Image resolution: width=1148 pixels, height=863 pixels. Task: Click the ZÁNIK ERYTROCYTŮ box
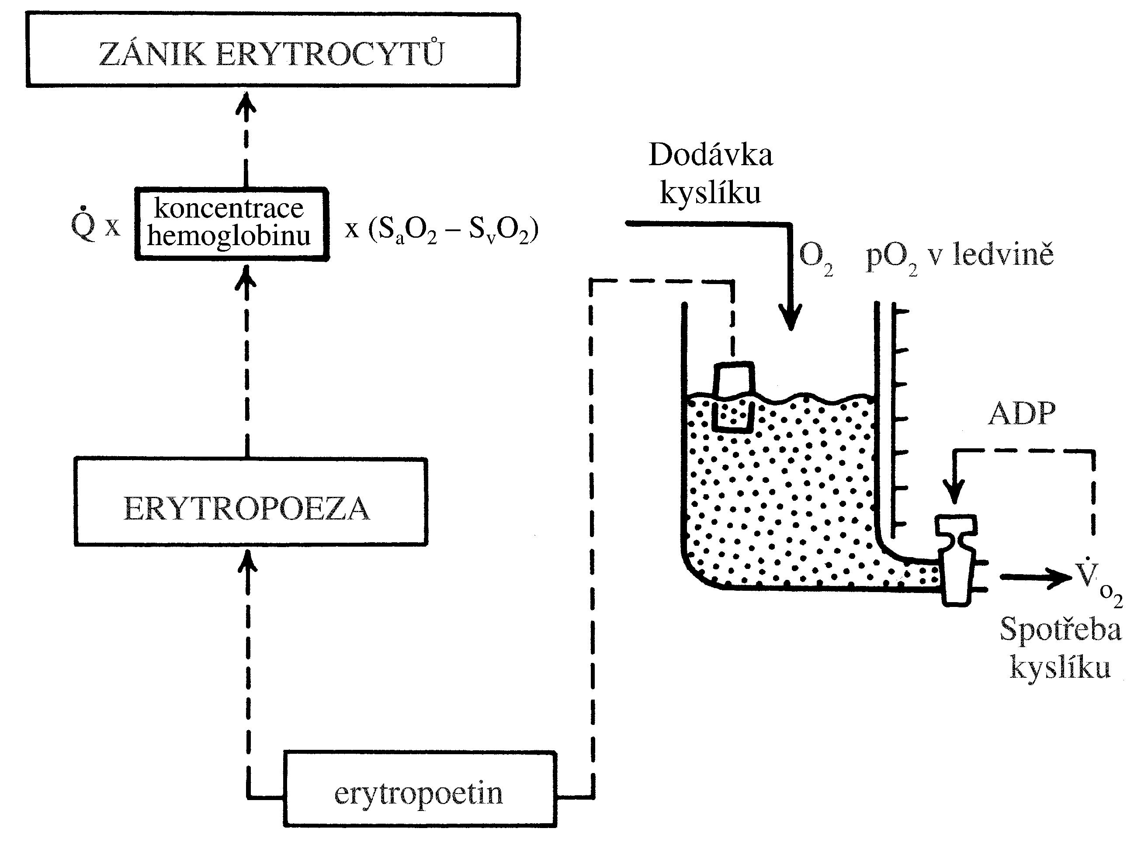pos(273,50)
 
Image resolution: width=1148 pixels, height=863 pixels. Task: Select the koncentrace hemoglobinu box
pos(232,224)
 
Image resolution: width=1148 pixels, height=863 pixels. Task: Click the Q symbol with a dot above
pos(83,224)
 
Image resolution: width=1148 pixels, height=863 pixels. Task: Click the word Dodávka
pos(711,155)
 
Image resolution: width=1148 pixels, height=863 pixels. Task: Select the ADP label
pos(1021,414)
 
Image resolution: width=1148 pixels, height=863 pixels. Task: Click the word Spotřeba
pos(1060,630)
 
